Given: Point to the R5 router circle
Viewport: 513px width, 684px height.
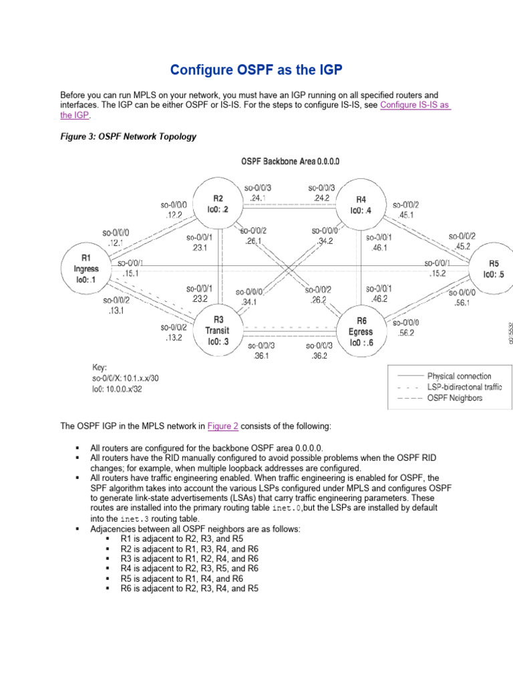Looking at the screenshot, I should [x=493, y=269].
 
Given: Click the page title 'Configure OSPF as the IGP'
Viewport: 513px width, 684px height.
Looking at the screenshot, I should [x=256, y=70].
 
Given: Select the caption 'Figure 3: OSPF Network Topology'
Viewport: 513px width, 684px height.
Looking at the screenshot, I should [x=128, y=137].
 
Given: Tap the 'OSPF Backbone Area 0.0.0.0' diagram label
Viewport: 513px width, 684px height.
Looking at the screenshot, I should [x=290, y=161].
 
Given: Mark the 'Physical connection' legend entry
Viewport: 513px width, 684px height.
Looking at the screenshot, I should [x=459, y=376].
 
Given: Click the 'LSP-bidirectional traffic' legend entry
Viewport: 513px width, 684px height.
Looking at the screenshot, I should [x=464, y=387].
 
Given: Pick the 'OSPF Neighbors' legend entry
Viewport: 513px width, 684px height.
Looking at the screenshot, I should [x=454, y=397].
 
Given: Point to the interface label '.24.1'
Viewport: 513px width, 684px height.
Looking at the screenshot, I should [x=258, y=198].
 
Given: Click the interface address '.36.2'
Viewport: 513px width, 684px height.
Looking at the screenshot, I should [x=319, y=355].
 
